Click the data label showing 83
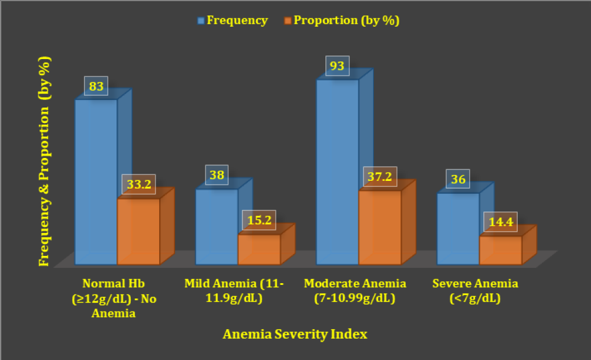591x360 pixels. [x=96, y=86]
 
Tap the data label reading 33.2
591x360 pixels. [x=138, y=184]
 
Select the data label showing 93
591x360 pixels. [x=337, y=66]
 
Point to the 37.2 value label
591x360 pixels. [x=380, y=176]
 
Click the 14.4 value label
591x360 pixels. [x=500, y=222]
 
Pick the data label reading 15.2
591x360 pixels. [x=259, y=220]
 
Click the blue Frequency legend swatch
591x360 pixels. [x=201, y=20]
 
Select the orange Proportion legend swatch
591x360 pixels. [x=288, y=20]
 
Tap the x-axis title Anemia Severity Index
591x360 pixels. [x=295, y=334]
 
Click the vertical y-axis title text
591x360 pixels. [x=44, y=161]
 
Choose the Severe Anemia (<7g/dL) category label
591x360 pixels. [x=475, y=291]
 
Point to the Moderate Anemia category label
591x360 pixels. [x=355, y=291]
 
